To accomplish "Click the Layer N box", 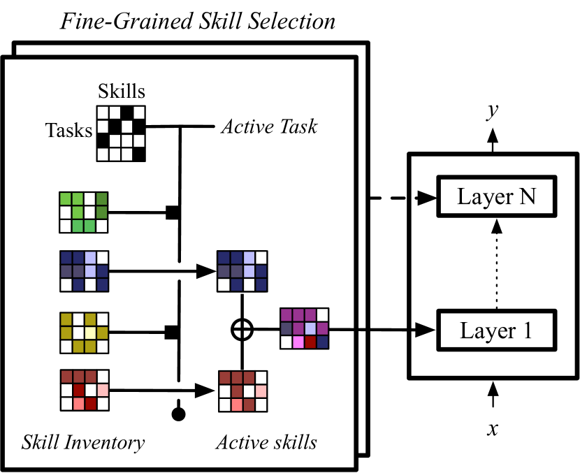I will pyautogui.click(x=496, y=196).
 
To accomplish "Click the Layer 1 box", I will pyautogui.click(x=496, y=330).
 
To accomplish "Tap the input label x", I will pyautogui.click(x=493, y=428).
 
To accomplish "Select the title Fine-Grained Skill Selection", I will pyautogui.click(x=197, y=21).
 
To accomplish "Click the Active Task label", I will pyautogui.click(x=269, y=126).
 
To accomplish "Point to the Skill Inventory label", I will pyautogui.click(x=83, y=442).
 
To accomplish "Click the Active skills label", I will pyautogui.click(x=266, y=442).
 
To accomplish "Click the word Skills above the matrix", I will pyautogui.click(x=122, y=92).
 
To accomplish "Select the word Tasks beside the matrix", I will pyautogui.click(x=69, y=130).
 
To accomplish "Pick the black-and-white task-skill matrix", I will pyautogui.click(x=122, y=133).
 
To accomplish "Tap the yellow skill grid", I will pyautogui.click(x=84, y=333).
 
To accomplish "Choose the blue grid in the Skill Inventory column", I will pyautogui.click(x=84, y=272).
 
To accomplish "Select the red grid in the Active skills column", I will pyautogui.click(x=242, y=391).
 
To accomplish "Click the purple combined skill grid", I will pyautogui.click(x=304, y=328).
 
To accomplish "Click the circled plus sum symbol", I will pyautogui.click(x=241, y=329).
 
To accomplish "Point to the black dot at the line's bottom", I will pyautogui.click(x=179, y=414).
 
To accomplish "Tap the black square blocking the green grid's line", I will pyautogui.click(x=171, y=212).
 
